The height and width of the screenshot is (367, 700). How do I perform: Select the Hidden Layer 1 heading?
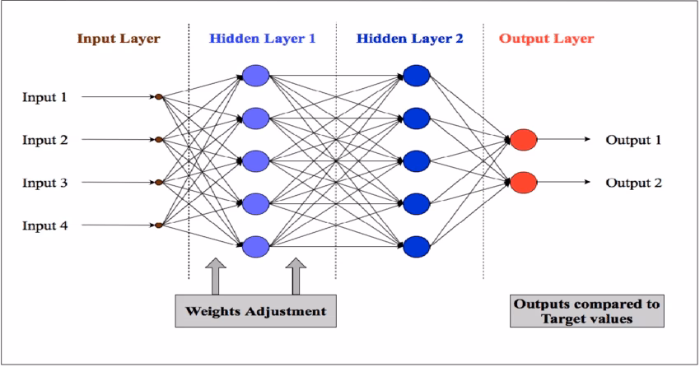[x=262, y=39]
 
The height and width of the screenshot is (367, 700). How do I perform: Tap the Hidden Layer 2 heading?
[x=410, y=39]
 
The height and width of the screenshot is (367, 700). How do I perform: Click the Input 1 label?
[x=44, y=97]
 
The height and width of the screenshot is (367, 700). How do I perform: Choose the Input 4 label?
[x=44, y=225]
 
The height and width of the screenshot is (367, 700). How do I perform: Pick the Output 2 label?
[x=633, y=183]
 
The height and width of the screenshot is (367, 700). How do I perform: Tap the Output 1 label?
[x=633, y=140]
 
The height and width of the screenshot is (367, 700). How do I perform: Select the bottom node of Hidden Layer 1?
[x=255, y=245]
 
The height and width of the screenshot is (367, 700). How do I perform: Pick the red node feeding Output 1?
[x=523, y=139]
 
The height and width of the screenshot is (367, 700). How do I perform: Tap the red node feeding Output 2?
[x=523, y=182]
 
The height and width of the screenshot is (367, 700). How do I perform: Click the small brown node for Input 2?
[x=159, y=140]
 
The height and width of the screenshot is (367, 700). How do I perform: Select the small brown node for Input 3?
[x=159, y=182]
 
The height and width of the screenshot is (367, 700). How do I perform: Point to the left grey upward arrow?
[x=215, y=276]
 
